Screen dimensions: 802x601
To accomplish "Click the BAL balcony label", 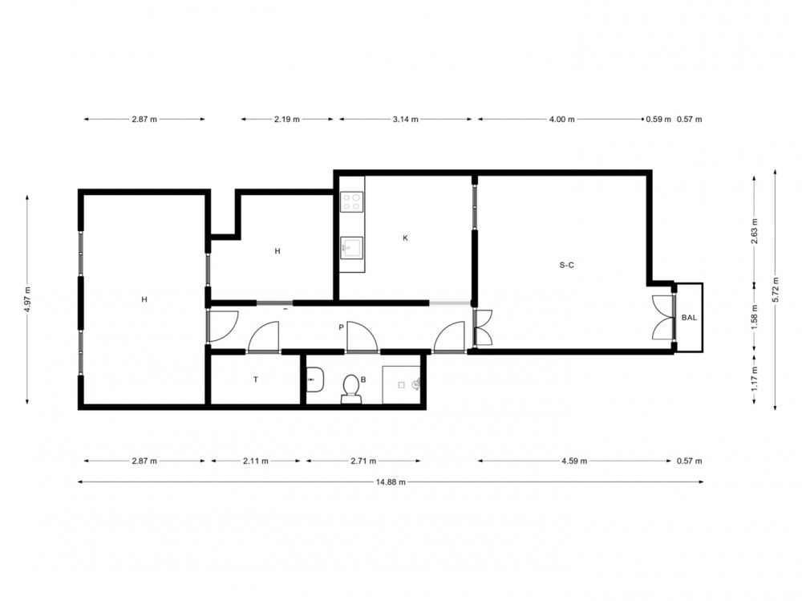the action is coord(689,318).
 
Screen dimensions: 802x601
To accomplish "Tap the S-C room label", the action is coord(567,265).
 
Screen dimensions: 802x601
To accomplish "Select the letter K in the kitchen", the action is coord(406,238).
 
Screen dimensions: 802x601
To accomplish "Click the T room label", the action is coord(256,380).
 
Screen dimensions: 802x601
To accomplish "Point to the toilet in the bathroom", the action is coord(351,388).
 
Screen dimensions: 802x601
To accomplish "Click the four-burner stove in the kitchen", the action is coord(352,201).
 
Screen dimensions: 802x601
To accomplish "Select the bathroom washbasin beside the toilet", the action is coord(315,380).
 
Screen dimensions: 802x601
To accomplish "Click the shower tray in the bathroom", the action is coord(402,384).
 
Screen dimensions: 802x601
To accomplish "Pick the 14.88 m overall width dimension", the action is coord(391,481).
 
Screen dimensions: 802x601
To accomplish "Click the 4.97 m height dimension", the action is coord(27,299).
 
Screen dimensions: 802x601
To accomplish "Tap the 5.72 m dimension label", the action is coord(776,290).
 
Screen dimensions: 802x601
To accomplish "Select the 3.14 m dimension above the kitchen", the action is coord(406,120).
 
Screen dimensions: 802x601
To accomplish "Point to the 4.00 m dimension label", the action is coord(561,120).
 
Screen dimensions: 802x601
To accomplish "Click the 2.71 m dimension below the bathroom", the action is coord(363,461).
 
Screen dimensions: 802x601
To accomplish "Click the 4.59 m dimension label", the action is coord(574,461).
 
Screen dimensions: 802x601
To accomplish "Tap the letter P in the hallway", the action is coord(341,327).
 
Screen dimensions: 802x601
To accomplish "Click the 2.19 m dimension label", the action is coord(287,120).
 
